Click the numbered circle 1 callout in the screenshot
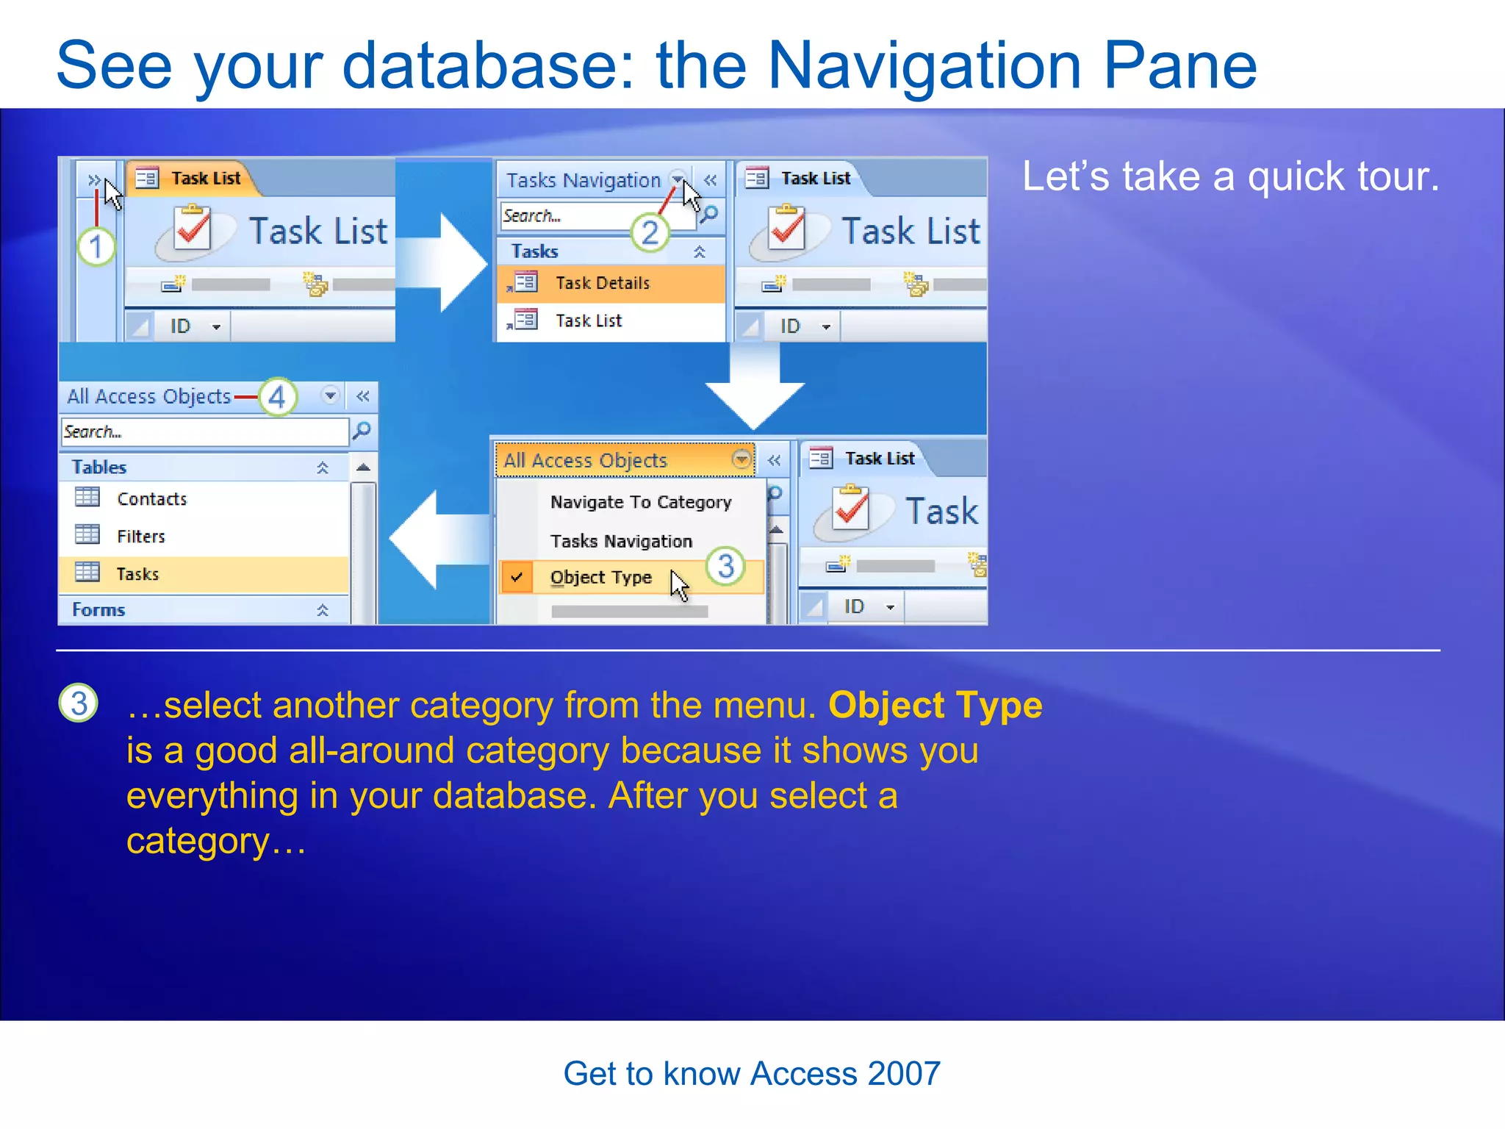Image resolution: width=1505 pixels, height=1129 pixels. [x=96, y=246]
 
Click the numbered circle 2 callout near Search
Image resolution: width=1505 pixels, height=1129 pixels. [x=650, y=233]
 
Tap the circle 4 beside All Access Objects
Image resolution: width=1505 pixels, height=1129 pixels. [x=277, y=398]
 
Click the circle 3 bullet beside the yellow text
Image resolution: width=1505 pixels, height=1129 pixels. [x=79, y=703]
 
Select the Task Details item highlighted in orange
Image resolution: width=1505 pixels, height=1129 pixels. [x=602, y=283]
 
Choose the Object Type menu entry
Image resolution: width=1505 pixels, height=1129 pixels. [x=600, y=578]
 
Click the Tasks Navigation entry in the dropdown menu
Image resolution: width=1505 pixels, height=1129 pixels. [x=621, y=541]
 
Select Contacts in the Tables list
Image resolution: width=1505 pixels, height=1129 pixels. [x=151, y=499]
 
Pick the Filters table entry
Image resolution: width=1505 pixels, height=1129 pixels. [x=140, y=537]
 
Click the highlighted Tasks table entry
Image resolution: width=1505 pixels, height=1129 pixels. [x=137, y=574]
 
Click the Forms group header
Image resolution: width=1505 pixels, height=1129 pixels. [x=99, y=609]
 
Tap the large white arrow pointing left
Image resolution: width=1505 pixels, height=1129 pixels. [x=434, y=540]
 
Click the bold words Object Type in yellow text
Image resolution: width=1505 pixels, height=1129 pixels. [x=935, y=705]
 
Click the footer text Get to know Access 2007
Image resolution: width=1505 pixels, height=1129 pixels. [x=751, y=1074]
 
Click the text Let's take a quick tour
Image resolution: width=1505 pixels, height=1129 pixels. [x=1230, y=177]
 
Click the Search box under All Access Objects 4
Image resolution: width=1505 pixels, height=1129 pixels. [x=204, y=431]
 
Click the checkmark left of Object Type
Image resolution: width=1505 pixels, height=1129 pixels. [x=517, y=577]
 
